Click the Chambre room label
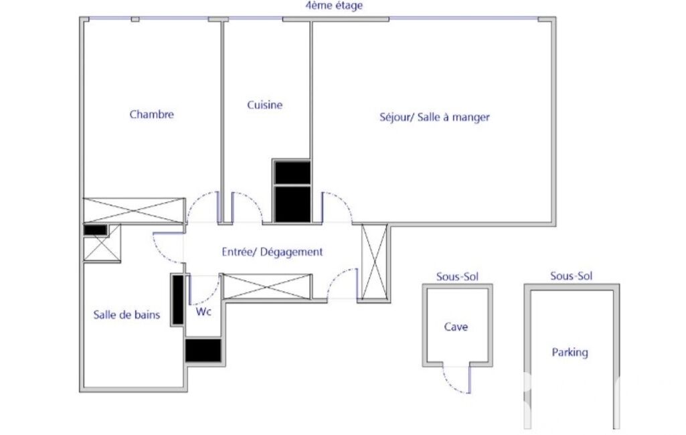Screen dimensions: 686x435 coord(151,114)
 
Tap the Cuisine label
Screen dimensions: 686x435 coord(264,104)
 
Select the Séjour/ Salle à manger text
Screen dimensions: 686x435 coord(434,117)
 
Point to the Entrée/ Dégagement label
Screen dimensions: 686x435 coord(272,252)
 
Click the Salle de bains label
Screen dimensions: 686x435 coord(126,315)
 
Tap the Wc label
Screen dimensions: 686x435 coord(204,311)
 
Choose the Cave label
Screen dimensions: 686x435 coord(456,327)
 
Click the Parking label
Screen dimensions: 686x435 coord(570,352)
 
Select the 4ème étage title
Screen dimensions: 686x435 coord(334,6)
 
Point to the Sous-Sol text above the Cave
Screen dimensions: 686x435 coord(457,276)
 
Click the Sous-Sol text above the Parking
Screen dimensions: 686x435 coord(572,276)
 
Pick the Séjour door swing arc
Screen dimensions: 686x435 coord(344,201)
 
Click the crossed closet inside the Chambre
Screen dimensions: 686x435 coord(134,211)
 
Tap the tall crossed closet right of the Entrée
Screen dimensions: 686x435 coord(375,262)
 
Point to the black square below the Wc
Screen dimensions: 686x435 coord(203,351)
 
